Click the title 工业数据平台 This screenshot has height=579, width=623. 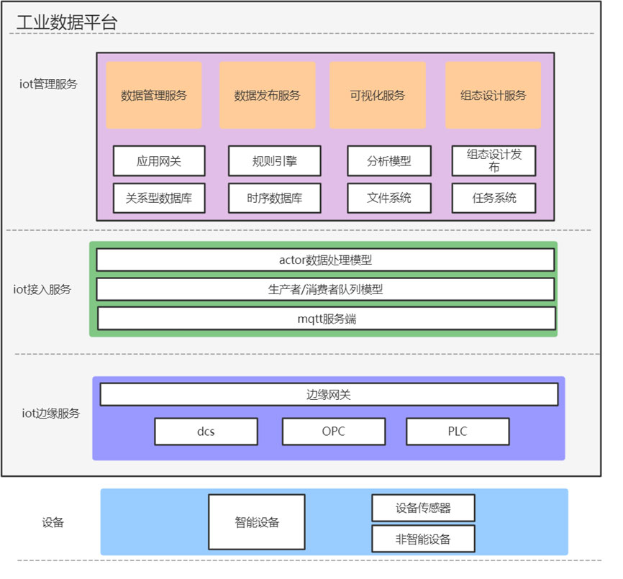tap(67, 22)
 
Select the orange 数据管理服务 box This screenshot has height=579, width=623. tap(154, 95)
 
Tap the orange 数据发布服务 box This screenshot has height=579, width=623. tap(268, 95)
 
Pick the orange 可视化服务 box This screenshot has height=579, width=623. tap(378, 95)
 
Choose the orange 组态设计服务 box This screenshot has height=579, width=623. tap(493, 95)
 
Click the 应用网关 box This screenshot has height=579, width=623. tap(159, 161)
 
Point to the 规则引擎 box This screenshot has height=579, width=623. tap(275, 161)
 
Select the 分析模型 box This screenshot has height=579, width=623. tap(389, 161)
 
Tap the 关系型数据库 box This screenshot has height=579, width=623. tap(159, 198)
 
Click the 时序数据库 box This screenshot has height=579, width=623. tap(275, 198)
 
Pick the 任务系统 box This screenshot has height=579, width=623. tap(494, 198)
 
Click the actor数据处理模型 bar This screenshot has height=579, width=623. tap(325, 260)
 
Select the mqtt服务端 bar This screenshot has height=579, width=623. tap(327, 319)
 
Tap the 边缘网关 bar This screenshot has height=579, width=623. tap(329, 394)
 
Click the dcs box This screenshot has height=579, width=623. tap(206, 432)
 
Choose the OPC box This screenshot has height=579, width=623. tap(334, 432)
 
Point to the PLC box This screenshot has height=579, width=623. tap(458, 432)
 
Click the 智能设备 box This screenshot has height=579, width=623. tap(257, 521)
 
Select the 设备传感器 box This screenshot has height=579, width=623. tap(423, 508)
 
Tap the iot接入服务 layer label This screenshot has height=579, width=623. tap(42, 289)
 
